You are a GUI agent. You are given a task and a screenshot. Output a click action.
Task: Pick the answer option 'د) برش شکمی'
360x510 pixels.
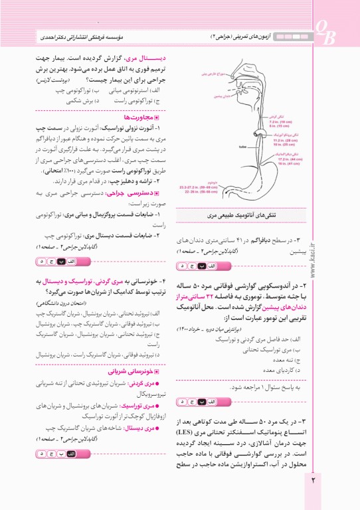pyautogui.click(x=91, y=102)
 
